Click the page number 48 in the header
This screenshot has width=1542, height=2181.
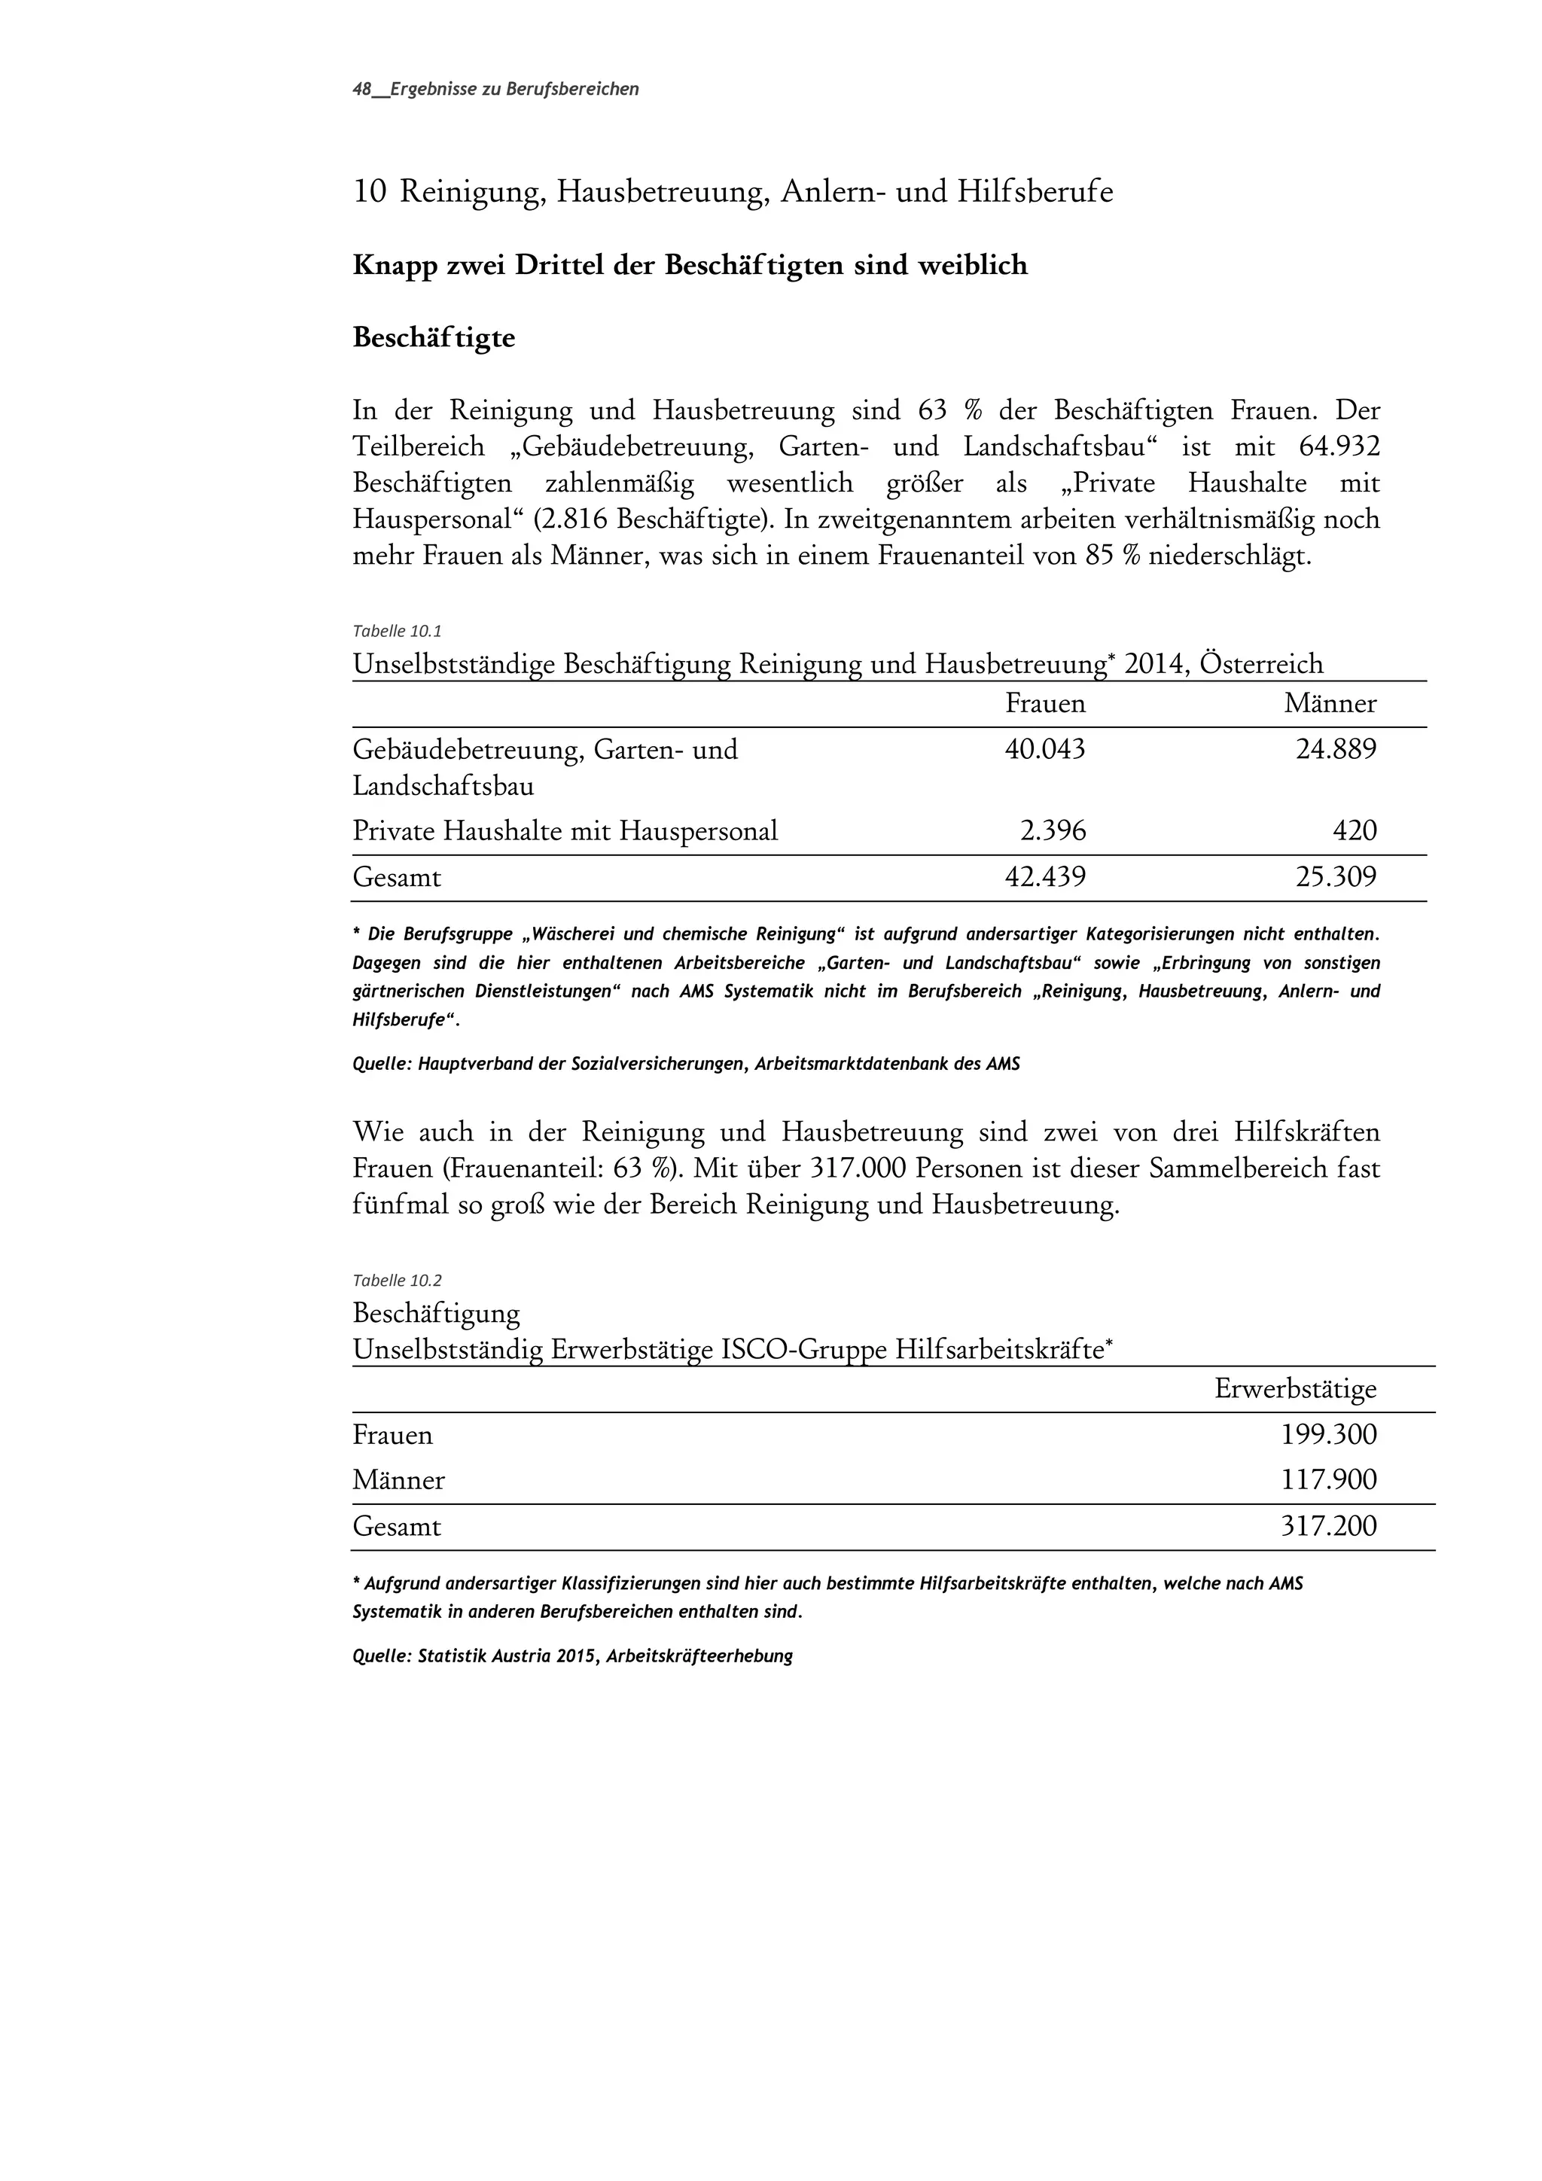tap(361, 90)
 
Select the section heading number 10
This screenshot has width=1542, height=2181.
tap(369, 193)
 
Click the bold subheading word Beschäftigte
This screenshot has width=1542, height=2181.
tap(433, 338)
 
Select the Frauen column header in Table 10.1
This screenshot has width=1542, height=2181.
tap(1045, 704)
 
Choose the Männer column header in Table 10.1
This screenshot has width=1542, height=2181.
tap(1330, 704)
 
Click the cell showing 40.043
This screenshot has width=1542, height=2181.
tap(1045, 751)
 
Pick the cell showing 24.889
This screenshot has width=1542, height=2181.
tap(1336, 751)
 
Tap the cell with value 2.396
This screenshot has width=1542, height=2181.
tap(1053, 832)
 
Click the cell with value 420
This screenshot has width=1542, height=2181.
tap(1355, 832)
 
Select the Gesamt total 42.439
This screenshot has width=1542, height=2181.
tap(1045, 878)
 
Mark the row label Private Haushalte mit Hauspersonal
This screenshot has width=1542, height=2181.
tap(565, 832)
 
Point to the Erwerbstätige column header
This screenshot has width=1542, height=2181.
tap(1295, 1390)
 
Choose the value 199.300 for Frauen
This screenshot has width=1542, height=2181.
tap(1328, 1436)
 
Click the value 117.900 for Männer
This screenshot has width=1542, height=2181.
tap(1328, 1481)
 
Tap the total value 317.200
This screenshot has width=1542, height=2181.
tap(1328, 1528)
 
